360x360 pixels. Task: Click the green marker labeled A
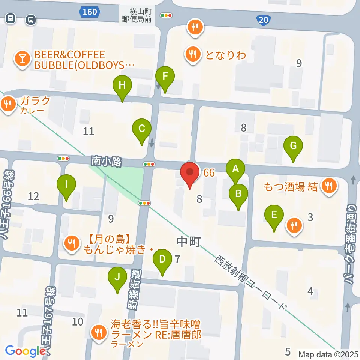pyautogui.click(x=235, y=169)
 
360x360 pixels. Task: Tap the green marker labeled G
pyautogui.click(x=293, y=146)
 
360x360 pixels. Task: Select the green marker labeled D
pyautogui.click(x=162, y=259)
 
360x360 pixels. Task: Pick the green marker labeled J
pyautogui.click(x=117, y=277)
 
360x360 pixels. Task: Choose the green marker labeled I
pyautogui.click(x=66, y=185)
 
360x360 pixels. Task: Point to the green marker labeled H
pyautogui.click(x=122, y=85)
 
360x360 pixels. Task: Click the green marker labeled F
pyautogui.click(x=165, y=76)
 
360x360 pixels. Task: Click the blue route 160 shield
pyautogui.click(x=90, y=12)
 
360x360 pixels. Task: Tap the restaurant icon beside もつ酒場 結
pyautogui.click(x=329, y=185)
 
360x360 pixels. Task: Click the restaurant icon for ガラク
pyautogui.click(x=8, y=103)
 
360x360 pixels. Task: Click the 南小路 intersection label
pyautogui.click(x=106, y=162)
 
